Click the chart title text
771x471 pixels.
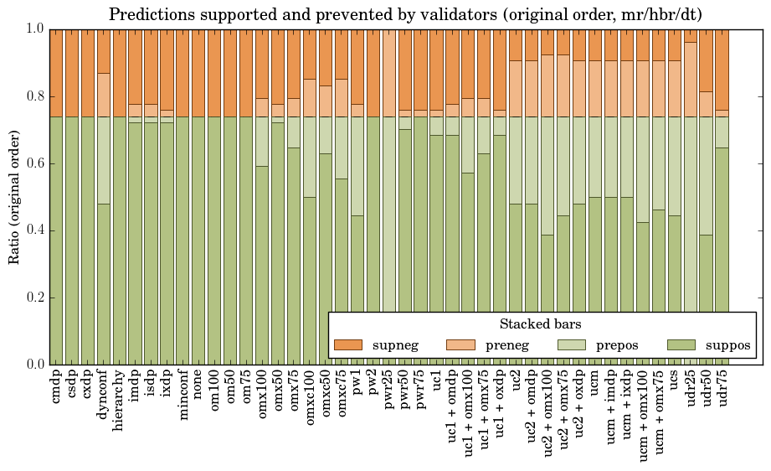[x=405, y=14]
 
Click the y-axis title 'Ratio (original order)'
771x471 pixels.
[x=14, y=196]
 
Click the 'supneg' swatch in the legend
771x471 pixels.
[x=347, y=345]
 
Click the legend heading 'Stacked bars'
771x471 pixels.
[x=540, y=324]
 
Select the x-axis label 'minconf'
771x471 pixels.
[x=183, y=393]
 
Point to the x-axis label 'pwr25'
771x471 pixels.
[x=389, y=388]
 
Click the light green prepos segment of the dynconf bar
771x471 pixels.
[x=104, y=160]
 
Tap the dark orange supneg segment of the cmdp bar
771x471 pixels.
[x=56, y=72]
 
